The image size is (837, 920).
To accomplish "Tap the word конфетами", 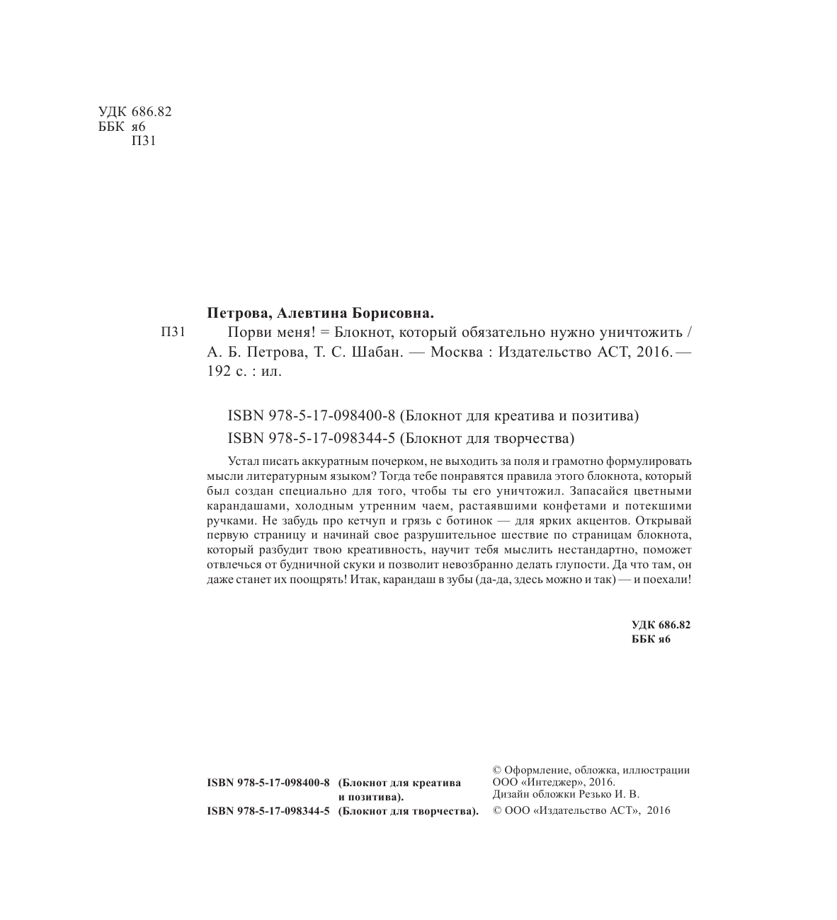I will coord(577,507).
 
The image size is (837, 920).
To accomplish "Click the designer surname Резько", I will coord(603,795).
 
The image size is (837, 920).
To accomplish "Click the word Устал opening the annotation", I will coord(245,461).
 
